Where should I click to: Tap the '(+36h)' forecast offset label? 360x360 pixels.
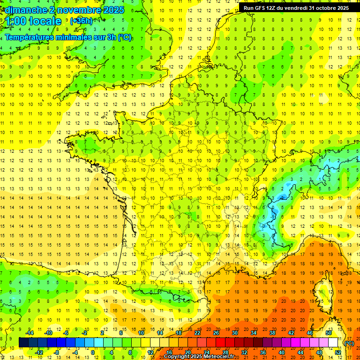coord(81,21)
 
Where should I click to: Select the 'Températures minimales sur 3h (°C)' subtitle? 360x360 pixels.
coord(68,37)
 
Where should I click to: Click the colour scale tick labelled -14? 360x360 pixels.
coord(30,332)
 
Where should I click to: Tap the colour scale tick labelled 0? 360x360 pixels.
coord(93,352)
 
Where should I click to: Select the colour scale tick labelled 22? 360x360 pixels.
coord(197,332)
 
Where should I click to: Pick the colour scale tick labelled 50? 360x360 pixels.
coord(328,332)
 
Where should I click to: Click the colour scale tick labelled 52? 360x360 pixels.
coord(337,352)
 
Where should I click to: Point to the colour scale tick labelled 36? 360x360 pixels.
coord(262,352)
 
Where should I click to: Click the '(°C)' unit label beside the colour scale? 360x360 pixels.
coord(349,343)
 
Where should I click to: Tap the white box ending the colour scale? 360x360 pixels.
coord(333,342)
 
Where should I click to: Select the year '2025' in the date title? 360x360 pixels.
coord(111,9)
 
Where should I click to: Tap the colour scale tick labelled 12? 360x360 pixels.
coord(150,352)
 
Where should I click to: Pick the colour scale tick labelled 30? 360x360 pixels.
coord(234,332)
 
